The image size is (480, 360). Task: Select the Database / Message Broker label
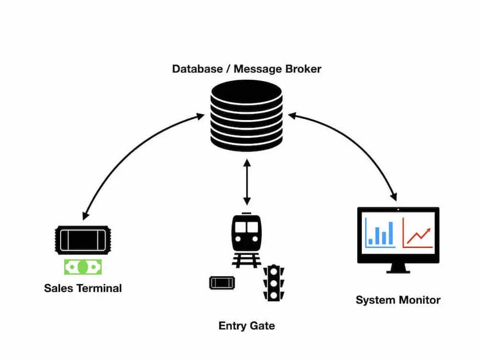coord(246,69)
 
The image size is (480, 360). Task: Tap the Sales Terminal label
coord(83,288)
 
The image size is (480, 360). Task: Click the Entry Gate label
coord(247,326)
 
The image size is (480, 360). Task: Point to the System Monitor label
coord(398,300)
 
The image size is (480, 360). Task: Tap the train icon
coord(247,233)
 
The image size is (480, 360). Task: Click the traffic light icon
coord(274,283)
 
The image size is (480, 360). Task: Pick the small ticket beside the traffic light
coord(222,283)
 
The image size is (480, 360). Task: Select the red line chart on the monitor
coord(417,233)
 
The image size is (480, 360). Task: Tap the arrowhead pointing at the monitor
coord(395,197)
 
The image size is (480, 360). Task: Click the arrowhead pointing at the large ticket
coord(86,216)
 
